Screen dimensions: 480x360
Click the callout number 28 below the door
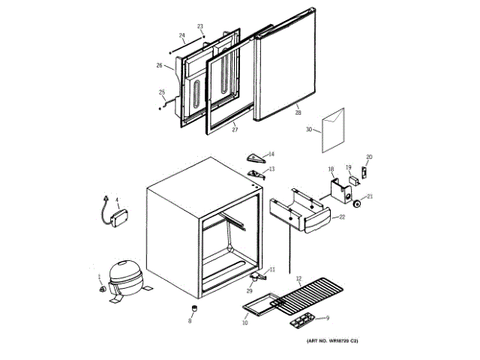tap(298, 112)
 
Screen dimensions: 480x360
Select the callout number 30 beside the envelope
tap(308, 129)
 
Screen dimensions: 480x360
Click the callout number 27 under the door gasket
tap(234, 130)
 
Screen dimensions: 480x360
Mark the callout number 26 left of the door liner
tap(159, 65)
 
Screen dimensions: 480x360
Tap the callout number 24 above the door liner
tap(181, 35)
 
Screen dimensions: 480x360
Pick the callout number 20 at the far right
tap(368, 157)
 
